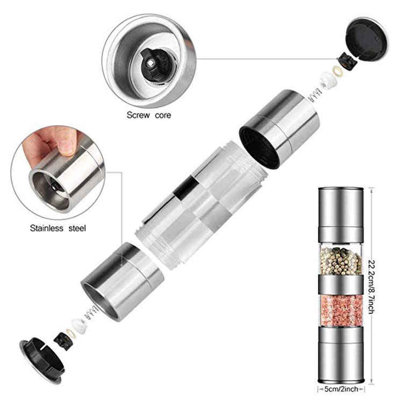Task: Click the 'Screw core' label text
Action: tap(149, 115)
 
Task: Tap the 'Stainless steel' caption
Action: tap(57, 228)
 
